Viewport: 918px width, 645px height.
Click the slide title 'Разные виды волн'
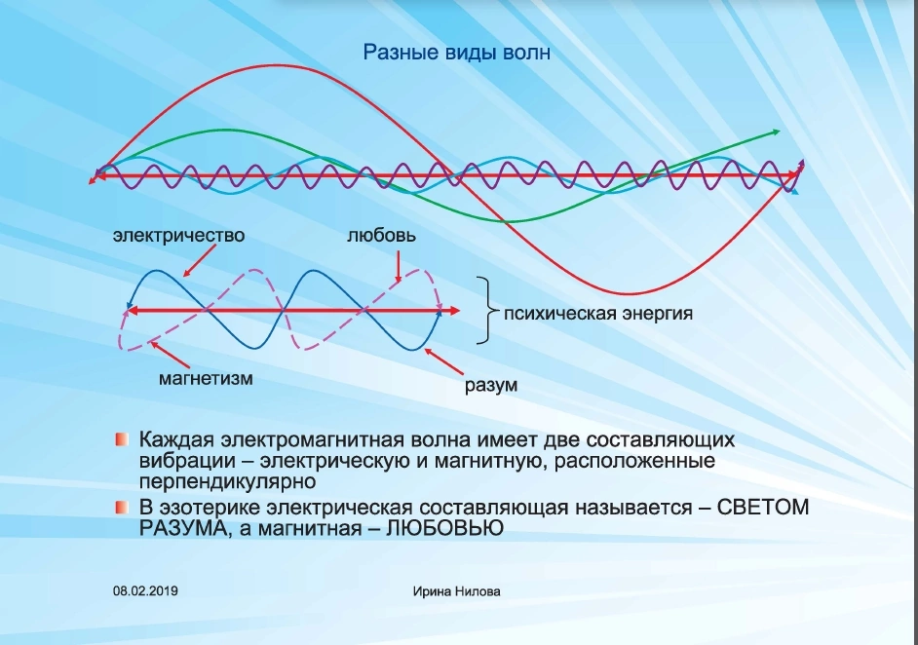tap(457, 52)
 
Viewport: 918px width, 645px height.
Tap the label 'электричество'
tap(178, 235)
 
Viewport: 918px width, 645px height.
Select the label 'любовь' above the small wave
tap(381, 235)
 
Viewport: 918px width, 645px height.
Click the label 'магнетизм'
tap(206, 378)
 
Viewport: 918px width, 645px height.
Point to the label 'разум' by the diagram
tap(491, 385)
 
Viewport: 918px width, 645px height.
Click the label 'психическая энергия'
tap(598, 313)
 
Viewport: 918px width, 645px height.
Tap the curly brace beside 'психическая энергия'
tap(483, 310)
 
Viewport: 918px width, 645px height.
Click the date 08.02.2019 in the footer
tap(145, 591)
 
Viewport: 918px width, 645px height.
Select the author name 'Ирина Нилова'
tap(457, 591)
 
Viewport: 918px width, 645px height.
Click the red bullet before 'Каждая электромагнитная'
tap(122, 439)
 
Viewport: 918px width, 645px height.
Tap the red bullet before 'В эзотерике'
tap(122, 507)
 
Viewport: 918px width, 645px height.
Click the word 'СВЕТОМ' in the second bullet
tap(763, 507)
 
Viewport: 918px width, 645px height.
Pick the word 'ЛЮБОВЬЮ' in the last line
tap(444, 528)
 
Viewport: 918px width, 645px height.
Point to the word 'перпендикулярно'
tap(228, 481)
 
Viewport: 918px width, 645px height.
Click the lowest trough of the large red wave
tap(627, 293)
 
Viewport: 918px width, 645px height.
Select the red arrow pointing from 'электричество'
tap(200, 260)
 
